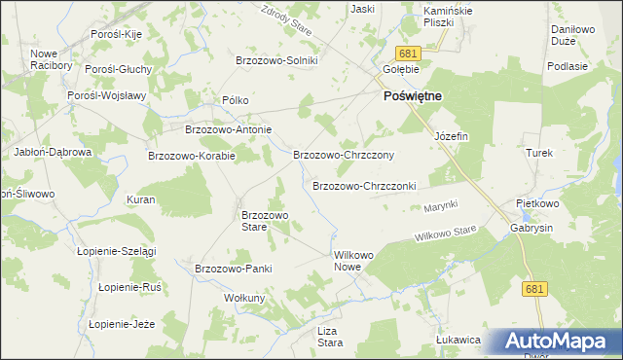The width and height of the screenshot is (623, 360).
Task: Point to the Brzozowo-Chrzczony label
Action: [343, 155]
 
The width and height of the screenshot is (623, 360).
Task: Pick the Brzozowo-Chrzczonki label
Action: [364, 186]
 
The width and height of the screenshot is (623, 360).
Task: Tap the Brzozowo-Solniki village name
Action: [283, 60]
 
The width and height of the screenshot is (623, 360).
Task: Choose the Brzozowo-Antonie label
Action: [228, 129]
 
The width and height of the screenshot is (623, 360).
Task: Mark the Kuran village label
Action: [141, 199]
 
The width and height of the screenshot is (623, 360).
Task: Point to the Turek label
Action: [539, 154]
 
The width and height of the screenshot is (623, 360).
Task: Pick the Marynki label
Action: [440, 207]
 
